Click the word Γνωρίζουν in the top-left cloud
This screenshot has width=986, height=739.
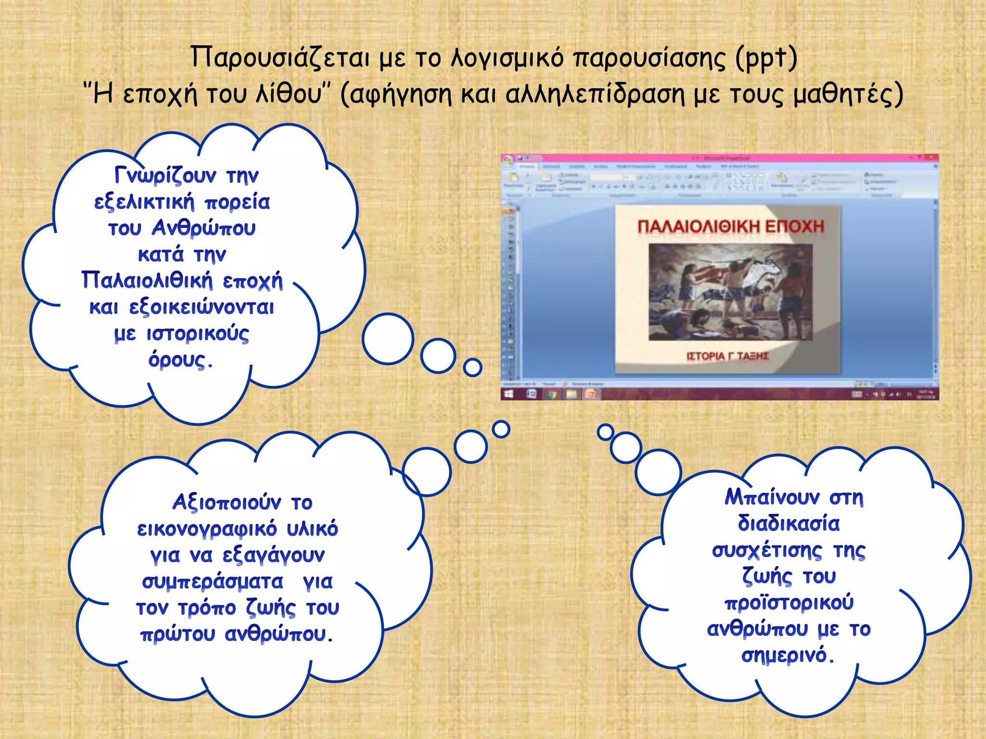[165, 175]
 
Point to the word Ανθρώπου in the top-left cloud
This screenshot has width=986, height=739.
[204, 228]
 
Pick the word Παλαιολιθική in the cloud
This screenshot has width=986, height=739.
[147, 280]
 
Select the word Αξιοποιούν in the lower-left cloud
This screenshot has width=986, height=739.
[226, 502]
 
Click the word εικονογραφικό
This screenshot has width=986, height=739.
[207, 529]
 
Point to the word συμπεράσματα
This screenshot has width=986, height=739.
[212, 582]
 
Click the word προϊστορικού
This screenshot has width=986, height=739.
[789, 603]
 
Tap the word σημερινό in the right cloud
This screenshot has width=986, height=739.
[785, 655]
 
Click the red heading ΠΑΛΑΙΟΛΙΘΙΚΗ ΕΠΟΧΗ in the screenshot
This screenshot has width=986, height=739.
[731, 227]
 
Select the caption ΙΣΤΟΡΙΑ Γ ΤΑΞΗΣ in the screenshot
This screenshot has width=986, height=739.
[727, 357]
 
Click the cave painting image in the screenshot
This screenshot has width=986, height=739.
[730, 292]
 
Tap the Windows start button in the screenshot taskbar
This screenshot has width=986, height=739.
[508, 395]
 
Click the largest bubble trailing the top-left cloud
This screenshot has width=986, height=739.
[388, 339]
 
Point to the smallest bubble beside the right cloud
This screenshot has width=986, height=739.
[605, 432]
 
